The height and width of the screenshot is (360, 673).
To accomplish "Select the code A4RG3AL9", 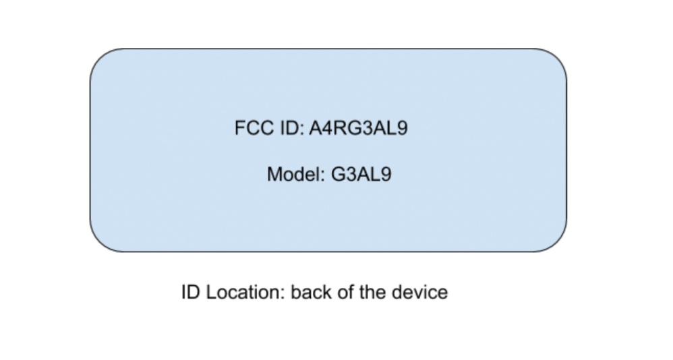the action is pyautogui.click(x=358, y=128).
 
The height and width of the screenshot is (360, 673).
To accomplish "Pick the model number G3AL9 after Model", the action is pyautogui.click(x=361, y=174).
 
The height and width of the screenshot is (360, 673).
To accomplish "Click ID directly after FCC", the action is pyautogui.click(x=292, y=128).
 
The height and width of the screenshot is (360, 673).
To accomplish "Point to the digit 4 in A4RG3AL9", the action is pyautogui.click(x=327, y=128).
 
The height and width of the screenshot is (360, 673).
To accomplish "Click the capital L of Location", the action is pyautogui.click(x=211, y=292).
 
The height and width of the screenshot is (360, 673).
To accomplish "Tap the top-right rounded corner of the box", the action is pyautogui.click(x=557, y=59).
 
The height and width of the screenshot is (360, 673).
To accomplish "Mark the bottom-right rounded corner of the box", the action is pyautogui.click(x=557, y=242).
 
